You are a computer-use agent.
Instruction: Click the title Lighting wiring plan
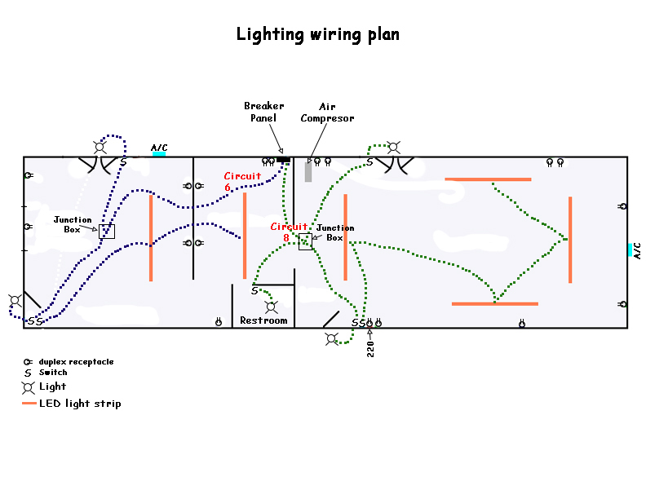click(318, 34)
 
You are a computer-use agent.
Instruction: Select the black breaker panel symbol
click(284, 160)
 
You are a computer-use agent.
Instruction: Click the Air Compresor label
click(327, 112)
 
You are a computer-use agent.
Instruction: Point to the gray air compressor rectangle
click(308, 171)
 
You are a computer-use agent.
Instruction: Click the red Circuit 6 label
click(242, 181)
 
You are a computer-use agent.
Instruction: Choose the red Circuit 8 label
click(290, 232)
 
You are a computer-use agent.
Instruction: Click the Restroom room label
click(263, 321)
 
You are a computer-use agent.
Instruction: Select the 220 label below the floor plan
click(370, 349)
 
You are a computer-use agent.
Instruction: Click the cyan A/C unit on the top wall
click(159, 153)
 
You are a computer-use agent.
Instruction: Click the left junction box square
click(107, 231)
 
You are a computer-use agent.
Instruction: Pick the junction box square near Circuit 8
click(305, 241)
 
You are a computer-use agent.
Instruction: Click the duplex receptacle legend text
click(76, 361)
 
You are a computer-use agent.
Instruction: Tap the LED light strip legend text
click(80, 404)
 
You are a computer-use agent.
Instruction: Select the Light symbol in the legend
click(29, 386)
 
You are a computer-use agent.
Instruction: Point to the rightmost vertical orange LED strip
click(569, 240)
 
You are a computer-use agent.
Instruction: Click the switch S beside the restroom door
click(254, 290)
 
